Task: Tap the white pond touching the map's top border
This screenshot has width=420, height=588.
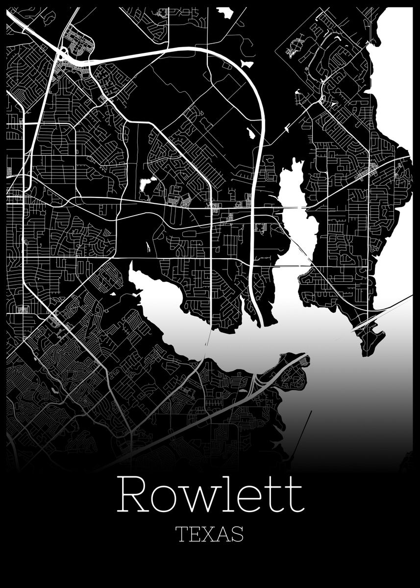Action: coord(225,13)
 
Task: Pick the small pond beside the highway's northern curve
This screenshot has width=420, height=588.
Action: coord(247,64)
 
